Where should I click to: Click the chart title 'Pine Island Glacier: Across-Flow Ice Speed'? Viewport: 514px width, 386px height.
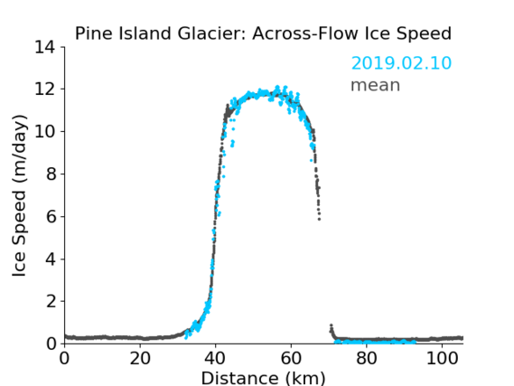pos(263,33)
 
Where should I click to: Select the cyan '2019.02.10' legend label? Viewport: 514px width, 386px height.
pos(401,63)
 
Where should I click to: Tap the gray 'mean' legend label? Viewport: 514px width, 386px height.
pos(376,85)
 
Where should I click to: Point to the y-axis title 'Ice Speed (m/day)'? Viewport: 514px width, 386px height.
pos(19,195)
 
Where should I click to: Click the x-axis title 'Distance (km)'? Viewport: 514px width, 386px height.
pos(263,378)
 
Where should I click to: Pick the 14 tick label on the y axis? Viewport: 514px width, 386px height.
pos(45,48)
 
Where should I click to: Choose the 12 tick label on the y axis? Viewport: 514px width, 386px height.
pos(45,89)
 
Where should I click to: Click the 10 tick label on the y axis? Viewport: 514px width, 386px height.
pos(45,131)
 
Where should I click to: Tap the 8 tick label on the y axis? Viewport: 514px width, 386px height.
pos(51,174)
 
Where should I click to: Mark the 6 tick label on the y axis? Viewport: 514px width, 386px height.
pos(51,217)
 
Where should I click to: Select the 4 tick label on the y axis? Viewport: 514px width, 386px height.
pos(51,259)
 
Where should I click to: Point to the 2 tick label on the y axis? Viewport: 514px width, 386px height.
pos(51,301)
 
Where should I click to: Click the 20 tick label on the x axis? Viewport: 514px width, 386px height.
pos(140,359)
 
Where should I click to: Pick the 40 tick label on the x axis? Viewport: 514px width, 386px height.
pos(215,359)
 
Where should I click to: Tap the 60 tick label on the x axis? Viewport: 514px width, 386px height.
pos(291,359)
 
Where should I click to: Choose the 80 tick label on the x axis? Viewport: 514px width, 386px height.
pos(367,359)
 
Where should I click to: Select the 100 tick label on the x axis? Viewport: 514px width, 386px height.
pos(442,359)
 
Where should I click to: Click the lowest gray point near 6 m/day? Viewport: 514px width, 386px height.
pos(319,219)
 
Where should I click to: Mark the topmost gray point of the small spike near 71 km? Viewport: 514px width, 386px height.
pos(332,325)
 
